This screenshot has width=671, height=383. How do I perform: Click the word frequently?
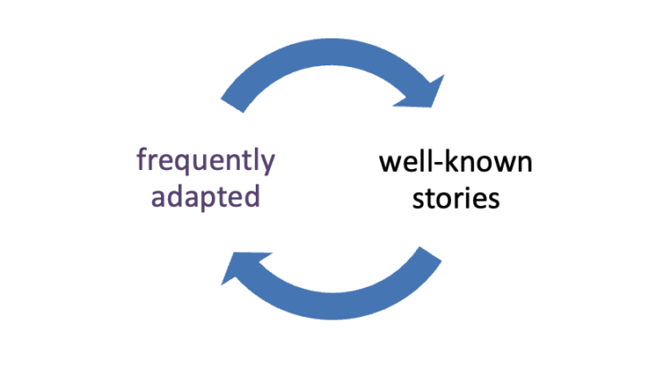205,162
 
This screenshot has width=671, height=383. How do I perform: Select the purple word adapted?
205,195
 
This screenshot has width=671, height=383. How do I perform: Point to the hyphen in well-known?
440,166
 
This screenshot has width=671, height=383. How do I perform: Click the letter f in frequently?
141,161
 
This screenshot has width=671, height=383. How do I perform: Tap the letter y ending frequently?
268,166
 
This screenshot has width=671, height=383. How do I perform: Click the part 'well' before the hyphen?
407,163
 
